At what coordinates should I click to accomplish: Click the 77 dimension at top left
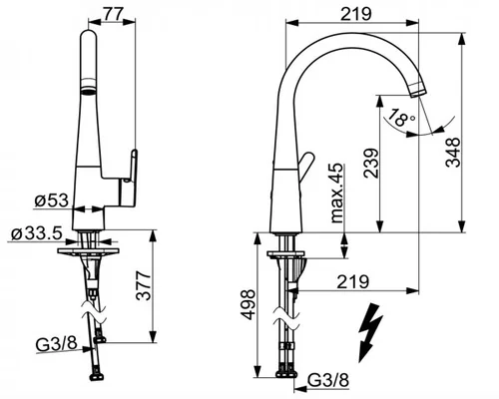[x=113, y=13]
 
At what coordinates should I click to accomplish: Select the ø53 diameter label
[x=52, y=200]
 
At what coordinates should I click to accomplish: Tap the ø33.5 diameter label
[x=37, y=233]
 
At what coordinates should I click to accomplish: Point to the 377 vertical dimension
[x=144, y=285]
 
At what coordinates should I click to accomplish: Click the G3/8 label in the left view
[x=57, y=344]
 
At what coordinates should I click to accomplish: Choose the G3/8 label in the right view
[x=328, y=380]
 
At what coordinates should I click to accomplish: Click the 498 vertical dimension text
[x=248, y=304]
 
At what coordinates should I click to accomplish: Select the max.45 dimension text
[x=337, y=193]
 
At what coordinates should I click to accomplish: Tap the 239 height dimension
[x=371, y=164]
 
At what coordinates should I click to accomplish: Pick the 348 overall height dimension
[x=453, y=153]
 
